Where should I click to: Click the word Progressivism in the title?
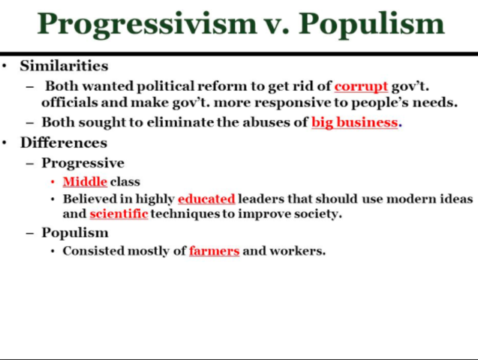click(147, 24)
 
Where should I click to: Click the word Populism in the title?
click(371, 24)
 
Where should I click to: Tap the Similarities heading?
click(64, 66)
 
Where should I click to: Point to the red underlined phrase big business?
click(354, 122)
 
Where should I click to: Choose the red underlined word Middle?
click(85, 181)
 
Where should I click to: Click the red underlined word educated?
click(206, 199)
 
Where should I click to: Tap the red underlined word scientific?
click(119, 214)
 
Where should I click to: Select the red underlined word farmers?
click(214, 250)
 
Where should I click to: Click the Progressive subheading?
click(83, 163)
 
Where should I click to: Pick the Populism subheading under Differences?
click(74, 232)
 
